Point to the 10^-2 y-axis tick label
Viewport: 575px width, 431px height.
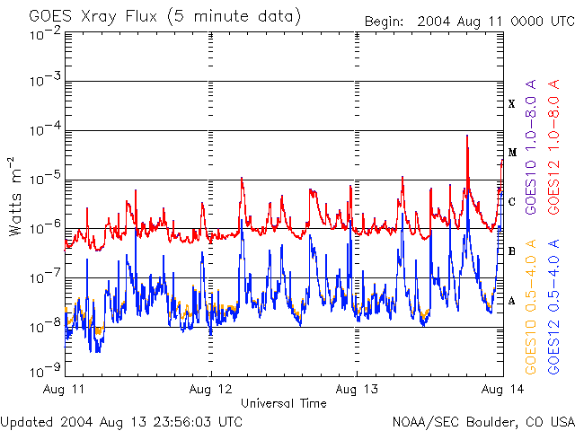click(45, 33)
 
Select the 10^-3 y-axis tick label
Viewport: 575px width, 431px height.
click(45, 82)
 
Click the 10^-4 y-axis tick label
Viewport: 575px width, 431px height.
click(45, 131)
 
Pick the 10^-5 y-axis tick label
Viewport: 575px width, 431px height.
click(45, 180)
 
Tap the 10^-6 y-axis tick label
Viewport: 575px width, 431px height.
click(45, 229)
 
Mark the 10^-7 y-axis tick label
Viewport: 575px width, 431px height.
click(45, 277)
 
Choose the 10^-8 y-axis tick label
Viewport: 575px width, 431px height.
click(45, 326)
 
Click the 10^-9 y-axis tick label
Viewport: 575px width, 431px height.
click(45, 368)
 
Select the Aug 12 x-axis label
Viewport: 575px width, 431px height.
click(211, 390)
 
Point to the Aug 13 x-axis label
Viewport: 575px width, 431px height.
click(357, 390)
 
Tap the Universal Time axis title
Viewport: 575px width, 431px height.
click(283, 403)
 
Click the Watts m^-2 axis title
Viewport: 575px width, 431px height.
click(15, 197)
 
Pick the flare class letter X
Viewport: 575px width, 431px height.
click(511, 104)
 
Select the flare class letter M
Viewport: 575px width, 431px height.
click(512, 153)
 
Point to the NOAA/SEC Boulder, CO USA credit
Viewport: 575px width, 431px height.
click(482, 421)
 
